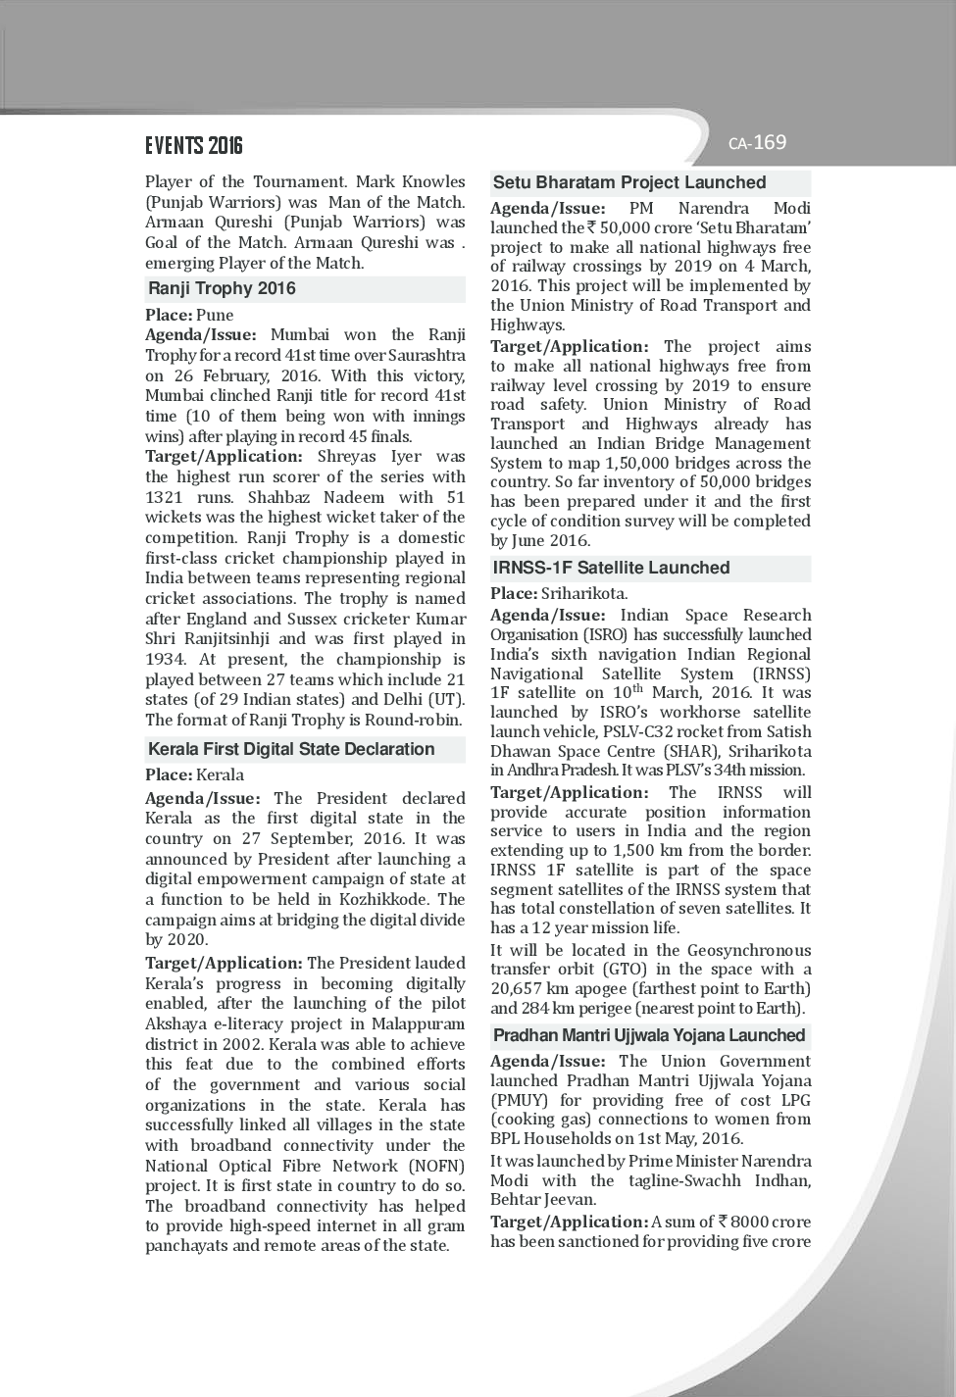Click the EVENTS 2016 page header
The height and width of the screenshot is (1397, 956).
(194, 146)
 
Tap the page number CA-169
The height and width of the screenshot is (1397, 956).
(757, 143)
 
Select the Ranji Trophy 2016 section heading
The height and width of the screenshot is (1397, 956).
(222, 288)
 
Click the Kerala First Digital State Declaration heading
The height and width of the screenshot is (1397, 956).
(291, 749)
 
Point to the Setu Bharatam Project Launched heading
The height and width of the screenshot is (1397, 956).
(629, 182)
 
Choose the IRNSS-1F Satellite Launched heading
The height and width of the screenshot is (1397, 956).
(611, 568)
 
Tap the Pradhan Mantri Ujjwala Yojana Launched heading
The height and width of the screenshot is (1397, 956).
(649, 1035)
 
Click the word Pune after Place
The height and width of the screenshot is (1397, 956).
(215, 315)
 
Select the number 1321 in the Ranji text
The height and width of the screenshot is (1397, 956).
(164, 497)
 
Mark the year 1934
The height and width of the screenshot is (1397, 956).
(165, 659)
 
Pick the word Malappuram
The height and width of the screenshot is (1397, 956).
(415, 1023)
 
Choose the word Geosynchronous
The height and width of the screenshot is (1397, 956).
(749, 950)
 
